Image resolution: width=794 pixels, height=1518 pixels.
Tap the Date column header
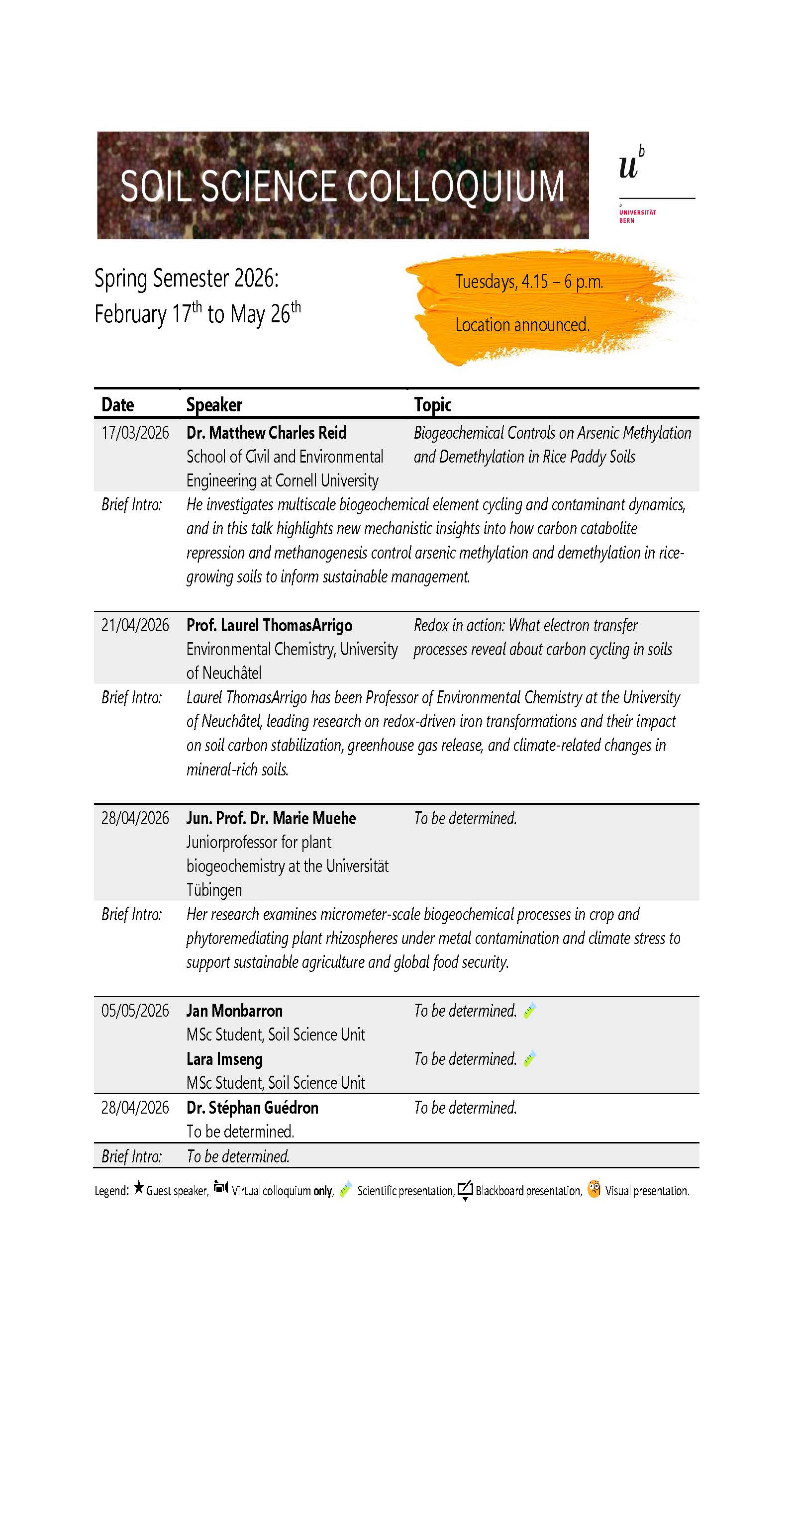[x=117, y=405]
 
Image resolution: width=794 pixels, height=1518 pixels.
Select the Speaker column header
[x=214, y=405]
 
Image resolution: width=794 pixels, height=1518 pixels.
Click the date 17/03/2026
[x=135, y=433]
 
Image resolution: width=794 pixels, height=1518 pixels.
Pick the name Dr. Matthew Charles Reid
[x=266, y=433]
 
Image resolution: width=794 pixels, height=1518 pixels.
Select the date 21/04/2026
[x=135, y=625]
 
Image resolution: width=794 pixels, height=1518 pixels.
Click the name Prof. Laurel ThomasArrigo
[x=269, y=625]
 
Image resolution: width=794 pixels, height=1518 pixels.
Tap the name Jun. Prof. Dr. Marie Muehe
[x=271, y=819]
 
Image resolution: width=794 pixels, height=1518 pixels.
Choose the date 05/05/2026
[x=135, y=1011]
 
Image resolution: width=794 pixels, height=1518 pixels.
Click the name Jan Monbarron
[x=234, y=1011]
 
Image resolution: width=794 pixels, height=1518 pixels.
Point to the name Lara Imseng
[x=224, y=1059]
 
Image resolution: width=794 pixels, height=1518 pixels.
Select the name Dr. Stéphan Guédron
[x=252, y=1108]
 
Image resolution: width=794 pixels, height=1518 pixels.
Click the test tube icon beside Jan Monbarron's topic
[x=529, y=1011]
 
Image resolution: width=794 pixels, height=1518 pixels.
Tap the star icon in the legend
[x=138, y=1187]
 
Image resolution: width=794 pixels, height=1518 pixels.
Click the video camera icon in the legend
[x=221, y=1187]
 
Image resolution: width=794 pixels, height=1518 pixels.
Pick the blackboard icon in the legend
[x=465, y=1189]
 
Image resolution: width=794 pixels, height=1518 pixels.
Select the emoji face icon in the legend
[x=594, y=1189]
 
